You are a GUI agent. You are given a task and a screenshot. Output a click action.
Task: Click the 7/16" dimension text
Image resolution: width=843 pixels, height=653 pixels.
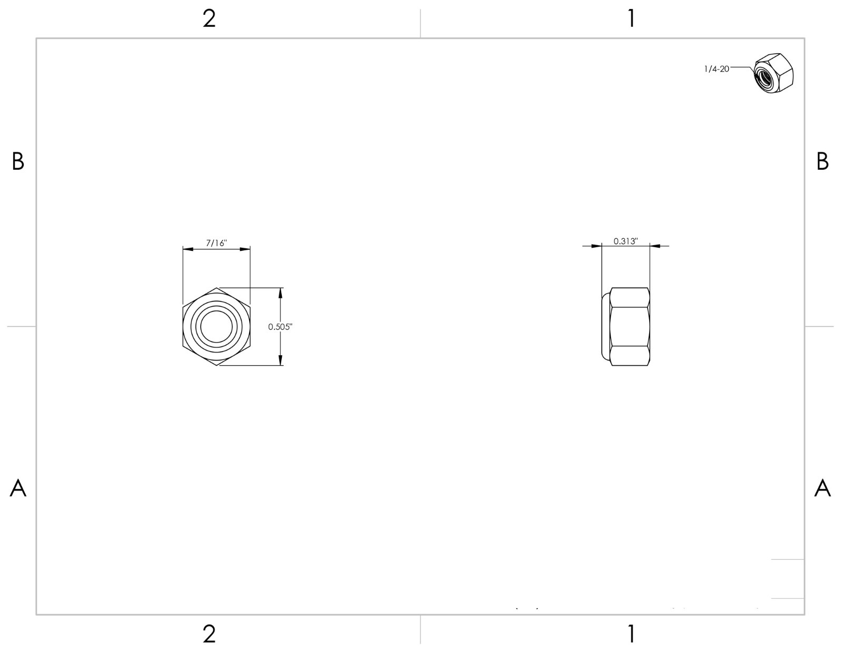point(216,243)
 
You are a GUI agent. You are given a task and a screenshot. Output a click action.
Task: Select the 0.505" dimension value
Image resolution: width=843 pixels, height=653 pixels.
point(280,327)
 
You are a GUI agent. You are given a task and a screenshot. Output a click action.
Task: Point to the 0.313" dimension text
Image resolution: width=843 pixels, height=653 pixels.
point(625,241)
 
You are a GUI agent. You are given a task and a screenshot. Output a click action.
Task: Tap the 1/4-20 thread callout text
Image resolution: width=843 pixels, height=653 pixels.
point(717,69)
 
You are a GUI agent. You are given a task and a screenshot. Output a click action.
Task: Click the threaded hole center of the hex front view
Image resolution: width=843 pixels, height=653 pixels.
point(216,327)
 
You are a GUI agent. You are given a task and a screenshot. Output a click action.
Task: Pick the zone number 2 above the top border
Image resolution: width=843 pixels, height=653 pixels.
point(209,18)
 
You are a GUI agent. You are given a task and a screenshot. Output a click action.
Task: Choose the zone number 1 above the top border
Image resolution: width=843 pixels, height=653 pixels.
point(632,18)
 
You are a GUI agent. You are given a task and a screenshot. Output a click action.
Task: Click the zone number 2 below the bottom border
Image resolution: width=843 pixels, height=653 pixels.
point(209,635)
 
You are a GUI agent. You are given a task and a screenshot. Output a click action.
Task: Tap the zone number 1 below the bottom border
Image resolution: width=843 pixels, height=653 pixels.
point(632,635)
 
